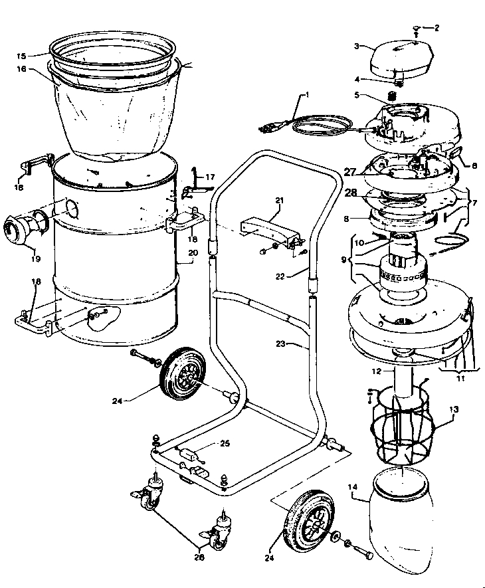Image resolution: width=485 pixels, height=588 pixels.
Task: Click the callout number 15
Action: (x=21, y=55)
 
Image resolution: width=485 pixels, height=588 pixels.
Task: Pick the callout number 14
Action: (x=353, y=486)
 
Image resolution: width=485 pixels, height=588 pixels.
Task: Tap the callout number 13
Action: (x=454, y=410)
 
